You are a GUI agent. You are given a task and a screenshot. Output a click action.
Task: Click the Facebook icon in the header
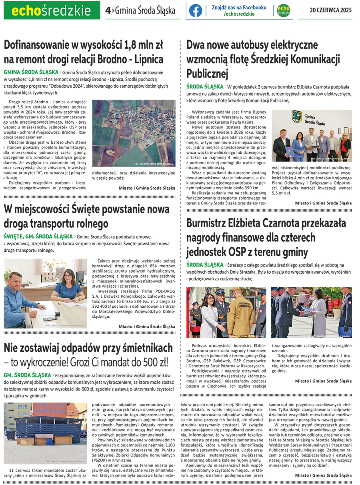pyautogui.click(x=195, y=10)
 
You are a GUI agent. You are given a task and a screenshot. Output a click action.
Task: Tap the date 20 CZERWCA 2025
pyautogui.click(x=331, y=10)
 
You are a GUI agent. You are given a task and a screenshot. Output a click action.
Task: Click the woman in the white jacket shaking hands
pyautogui.click(x=208, y=316)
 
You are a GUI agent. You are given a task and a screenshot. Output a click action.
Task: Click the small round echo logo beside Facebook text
pyautogui.click(x=283, y=10)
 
